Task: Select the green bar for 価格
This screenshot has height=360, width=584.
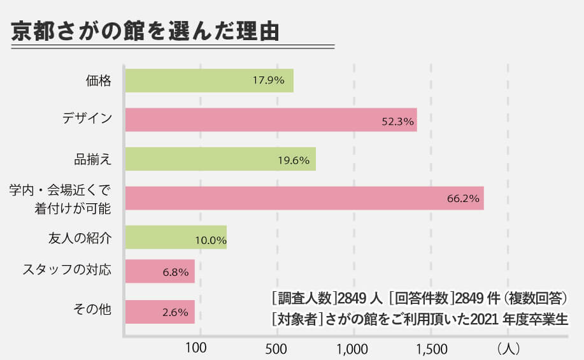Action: [x=209, y=81]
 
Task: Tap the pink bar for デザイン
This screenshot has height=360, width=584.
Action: [x=271, y=120]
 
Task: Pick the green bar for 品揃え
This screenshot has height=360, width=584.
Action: [x=220, y=159]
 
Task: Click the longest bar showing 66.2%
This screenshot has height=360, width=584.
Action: [x=304, y=198]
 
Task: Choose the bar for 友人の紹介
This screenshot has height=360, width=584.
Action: [x=175, y=238]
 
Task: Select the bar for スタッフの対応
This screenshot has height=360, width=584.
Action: [x=159, y=271]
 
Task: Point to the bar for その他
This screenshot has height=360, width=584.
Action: [x=159, y=312]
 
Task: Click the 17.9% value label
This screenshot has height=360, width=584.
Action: [x=268, y=81]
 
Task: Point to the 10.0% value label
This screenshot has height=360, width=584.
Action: [x=211, y=240]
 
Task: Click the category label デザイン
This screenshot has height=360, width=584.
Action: [x=87, y=119]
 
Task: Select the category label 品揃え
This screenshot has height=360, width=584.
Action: [x=93, y=159]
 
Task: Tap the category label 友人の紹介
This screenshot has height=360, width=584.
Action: [x=80, y=238]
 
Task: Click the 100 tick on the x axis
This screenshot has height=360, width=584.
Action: [x=195, y=349]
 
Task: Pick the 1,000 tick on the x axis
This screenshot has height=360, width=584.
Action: [x=352, y=349]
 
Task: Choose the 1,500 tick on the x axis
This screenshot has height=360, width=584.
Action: [x=431, y=349]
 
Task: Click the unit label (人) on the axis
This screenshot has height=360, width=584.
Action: [x=509, y=349]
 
